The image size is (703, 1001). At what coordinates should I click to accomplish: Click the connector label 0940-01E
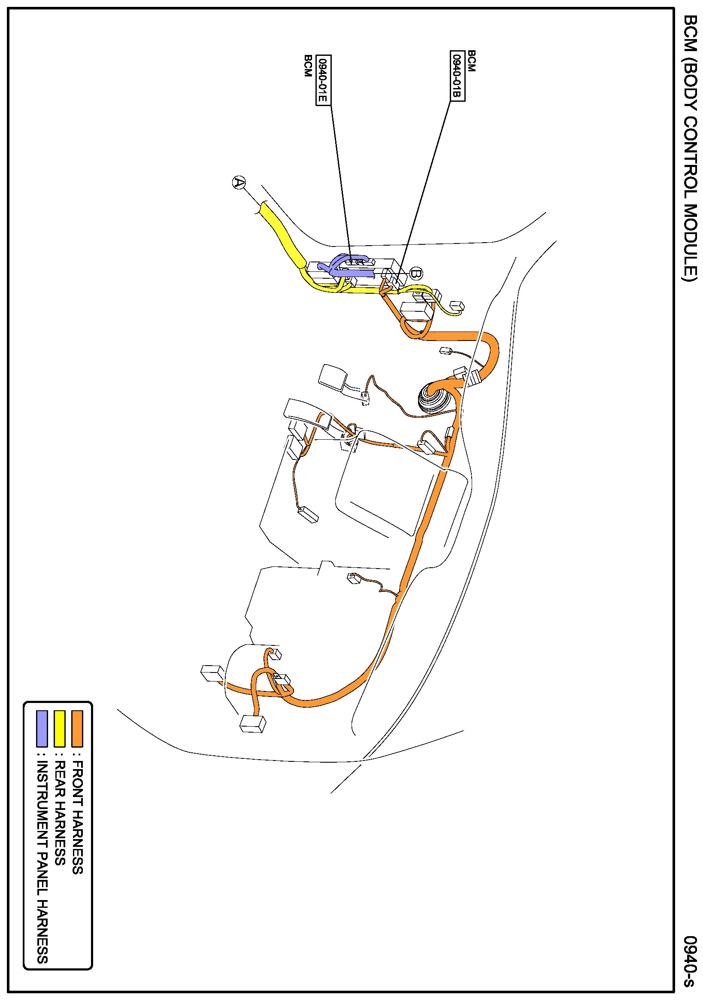[x=323, y=80]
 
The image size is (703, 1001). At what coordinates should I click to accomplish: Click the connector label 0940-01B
[x=457, y=76]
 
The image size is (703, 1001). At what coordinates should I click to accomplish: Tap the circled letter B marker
[x=416, y=274]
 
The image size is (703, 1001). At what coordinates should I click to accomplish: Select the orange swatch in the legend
[x=77, y=728]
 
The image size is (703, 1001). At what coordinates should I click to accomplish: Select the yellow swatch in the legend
[x=59, y=728]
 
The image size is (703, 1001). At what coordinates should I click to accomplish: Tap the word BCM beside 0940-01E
[x=308, y=66]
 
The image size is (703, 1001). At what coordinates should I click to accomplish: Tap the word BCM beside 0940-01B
[x=472, y=61]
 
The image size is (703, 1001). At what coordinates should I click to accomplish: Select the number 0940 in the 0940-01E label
[x=323, y=70]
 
